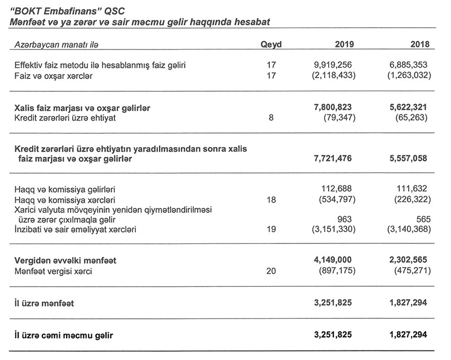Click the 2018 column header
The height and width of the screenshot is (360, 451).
point(420,45)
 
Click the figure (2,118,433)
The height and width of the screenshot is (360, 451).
point(333,75)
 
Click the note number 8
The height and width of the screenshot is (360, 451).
point(271,117)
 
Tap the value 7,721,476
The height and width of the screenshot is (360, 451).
point(333,159)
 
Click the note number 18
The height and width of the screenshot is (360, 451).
point(271,199)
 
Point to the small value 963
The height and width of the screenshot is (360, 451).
point(348,219)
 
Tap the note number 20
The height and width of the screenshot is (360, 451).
point(271,272)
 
